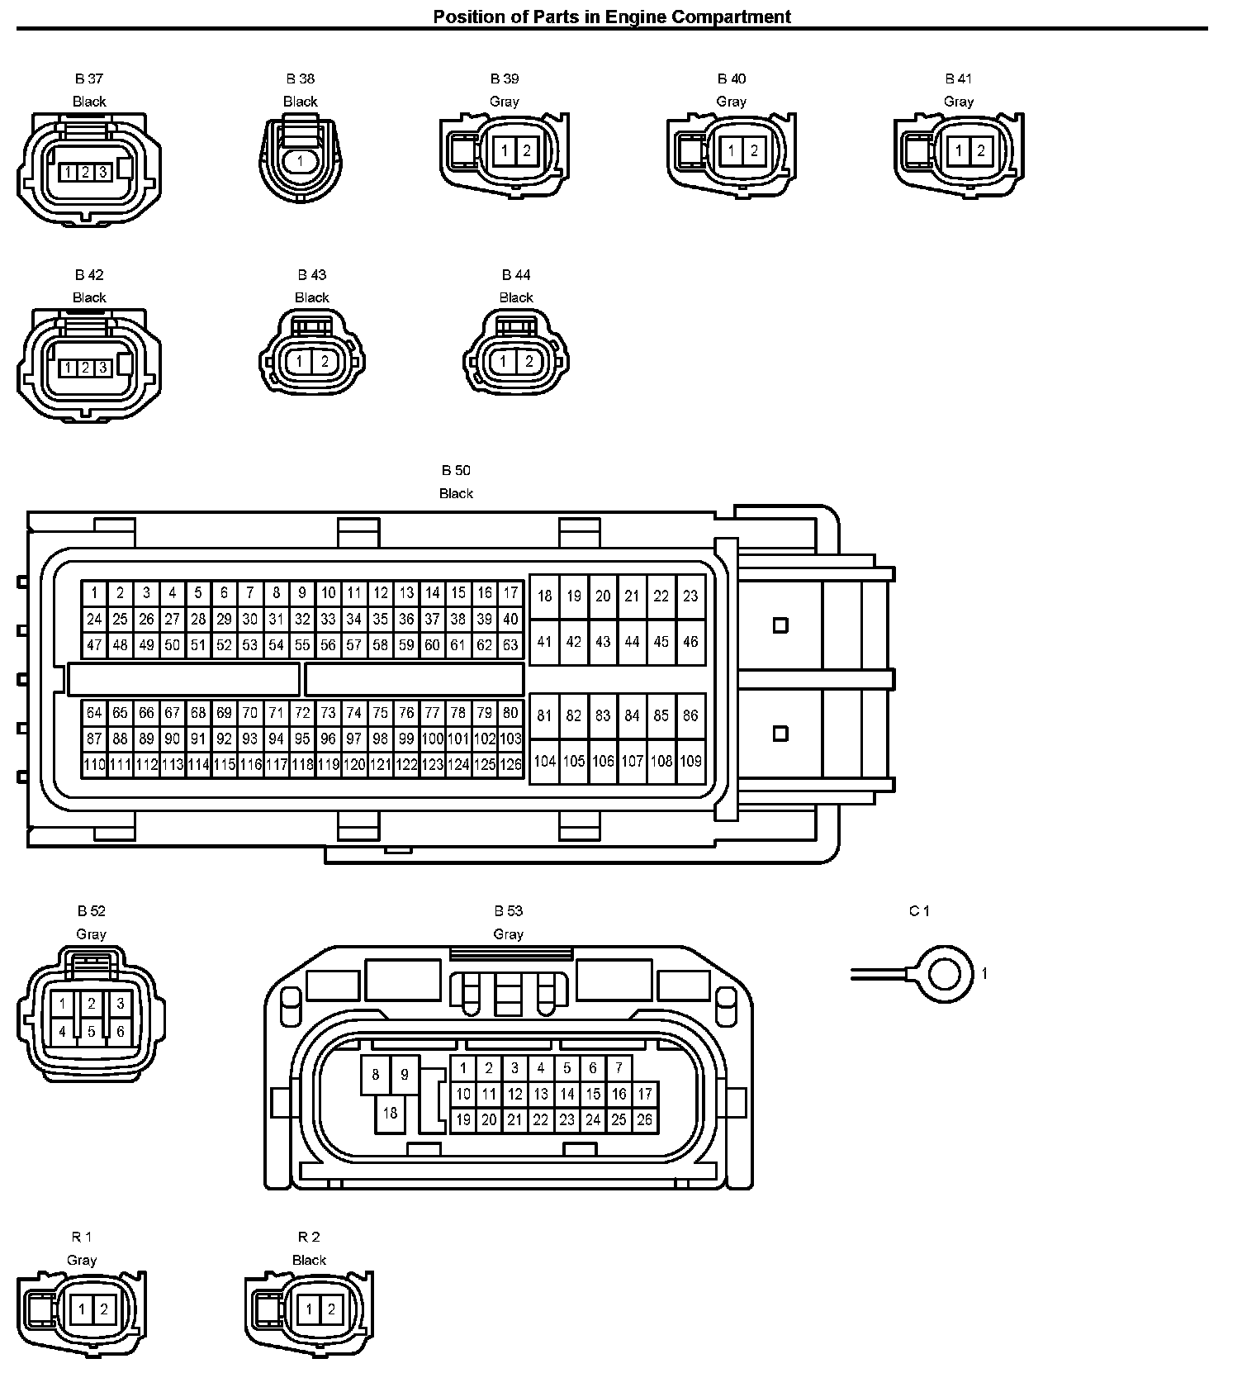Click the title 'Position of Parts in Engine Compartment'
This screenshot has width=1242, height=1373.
click(612, 17)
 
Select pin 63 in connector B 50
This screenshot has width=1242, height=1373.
click(510, 645)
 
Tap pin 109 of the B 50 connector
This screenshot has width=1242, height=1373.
click(690, 761)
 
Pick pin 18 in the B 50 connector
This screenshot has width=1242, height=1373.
click(544, 596)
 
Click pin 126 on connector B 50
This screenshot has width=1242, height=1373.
click(510, 765)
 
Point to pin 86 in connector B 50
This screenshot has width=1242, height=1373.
click(690, 715)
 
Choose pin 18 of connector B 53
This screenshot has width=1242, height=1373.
click(390, 1113)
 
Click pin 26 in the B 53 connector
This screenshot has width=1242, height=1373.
click(644, 1120)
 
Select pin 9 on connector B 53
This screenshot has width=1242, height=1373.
click(405, 1075)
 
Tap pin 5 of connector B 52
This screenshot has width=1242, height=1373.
click(92, 1032)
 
